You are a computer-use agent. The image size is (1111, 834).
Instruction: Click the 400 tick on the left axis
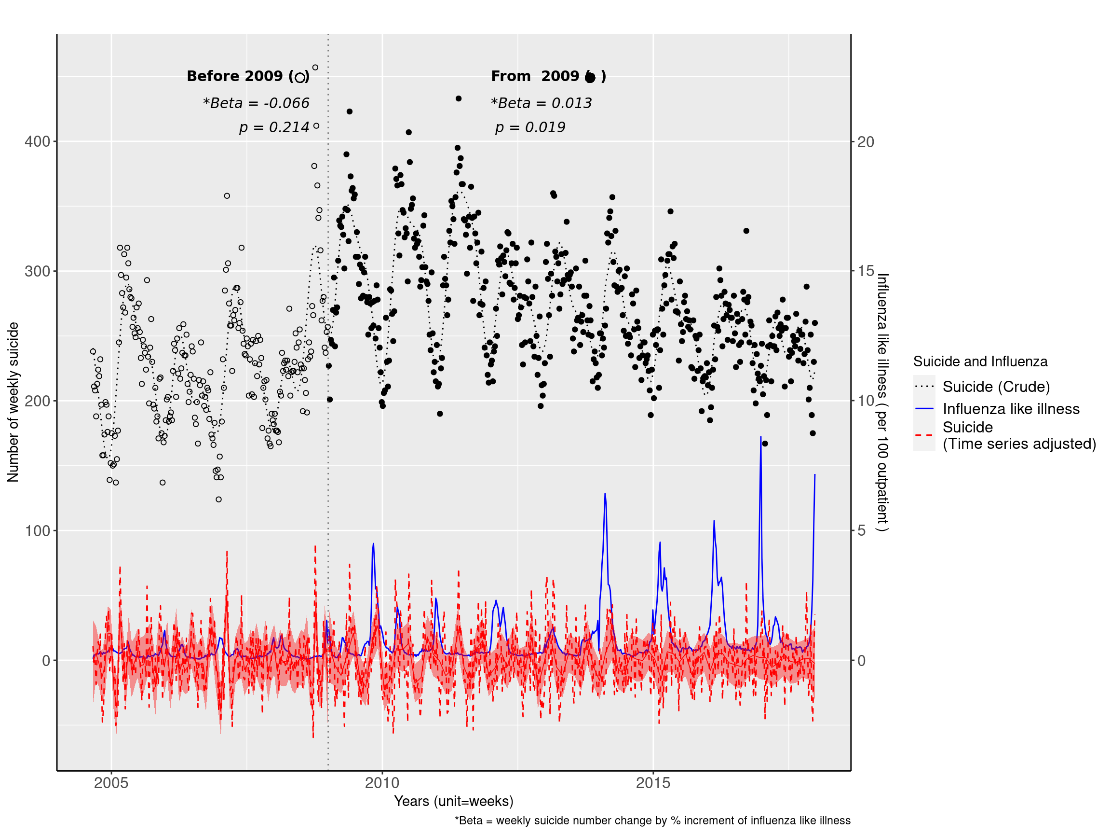coord(38,142)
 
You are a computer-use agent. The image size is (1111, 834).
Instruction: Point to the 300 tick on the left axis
coord(38,271)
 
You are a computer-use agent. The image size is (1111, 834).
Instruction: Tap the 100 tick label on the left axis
coord(38,531)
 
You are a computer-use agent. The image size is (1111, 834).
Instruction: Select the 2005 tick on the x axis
coord(111,783)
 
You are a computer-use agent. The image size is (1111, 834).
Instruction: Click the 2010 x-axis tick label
coord(382,783)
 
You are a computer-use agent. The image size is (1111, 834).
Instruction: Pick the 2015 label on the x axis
coord(653,783)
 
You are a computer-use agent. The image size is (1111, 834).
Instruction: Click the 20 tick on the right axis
coord(866,142)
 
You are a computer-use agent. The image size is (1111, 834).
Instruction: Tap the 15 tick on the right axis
coord(866,271)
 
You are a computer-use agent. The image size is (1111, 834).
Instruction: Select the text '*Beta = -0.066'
coord(256,103)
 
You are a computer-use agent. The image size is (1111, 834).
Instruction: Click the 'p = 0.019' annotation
coord(530,127)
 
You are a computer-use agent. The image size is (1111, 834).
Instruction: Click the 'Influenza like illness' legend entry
coord(1011,409)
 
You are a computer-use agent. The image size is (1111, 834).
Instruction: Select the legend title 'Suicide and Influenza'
coord(980,361)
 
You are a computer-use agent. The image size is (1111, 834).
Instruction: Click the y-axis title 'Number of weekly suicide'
coord(13,402)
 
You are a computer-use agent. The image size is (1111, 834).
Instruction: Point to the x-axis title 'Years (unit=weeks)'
coord(454,801)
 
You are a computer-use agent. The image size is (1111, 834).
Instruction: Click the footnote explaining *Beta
coord(652,821)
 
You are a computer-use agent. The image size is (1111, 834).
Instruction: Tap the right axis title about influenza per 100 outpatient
coord(882,402)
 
